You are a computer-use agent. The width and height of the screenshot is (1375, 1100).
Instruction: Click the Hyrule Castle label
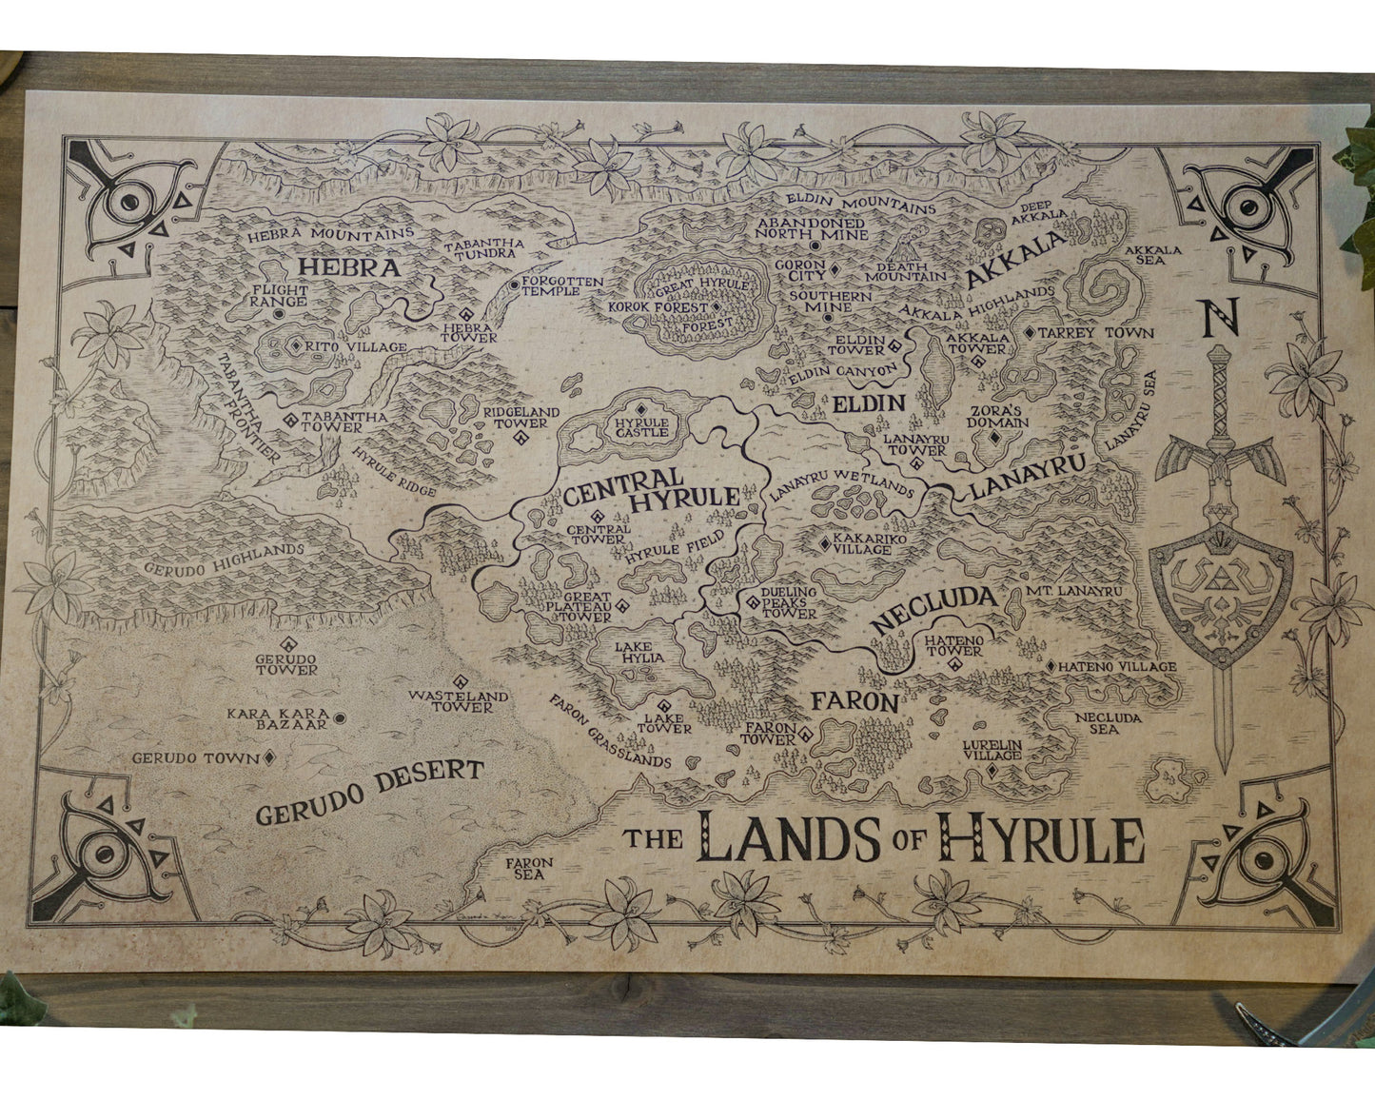[640, 427]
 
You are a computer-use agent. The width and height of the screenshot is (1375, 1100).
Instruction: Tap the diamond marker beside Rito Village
[295, 346]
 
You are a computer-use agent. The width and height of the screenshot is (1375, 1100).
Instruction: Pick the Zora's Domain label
[998, 417]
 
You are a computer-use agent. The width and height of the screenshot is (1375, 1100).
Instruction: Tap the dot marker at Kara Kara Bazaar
[339, 718]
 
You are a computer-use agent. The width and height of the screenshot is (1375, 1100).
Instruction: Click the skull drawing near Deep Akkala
[989, 232]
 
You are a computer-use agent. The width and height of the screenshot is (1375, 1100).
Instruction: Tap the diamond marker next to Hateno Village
[1051, 667]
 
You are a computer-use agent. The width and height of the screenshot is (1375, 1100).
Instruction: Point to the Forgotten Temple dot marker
[514, 284]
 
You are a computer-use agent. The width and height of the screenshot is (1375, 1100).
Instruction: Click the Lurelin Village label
[992, 749]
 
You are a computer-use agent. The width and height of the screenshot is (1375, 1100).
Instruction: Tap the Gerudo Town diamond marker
[269, 757]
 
